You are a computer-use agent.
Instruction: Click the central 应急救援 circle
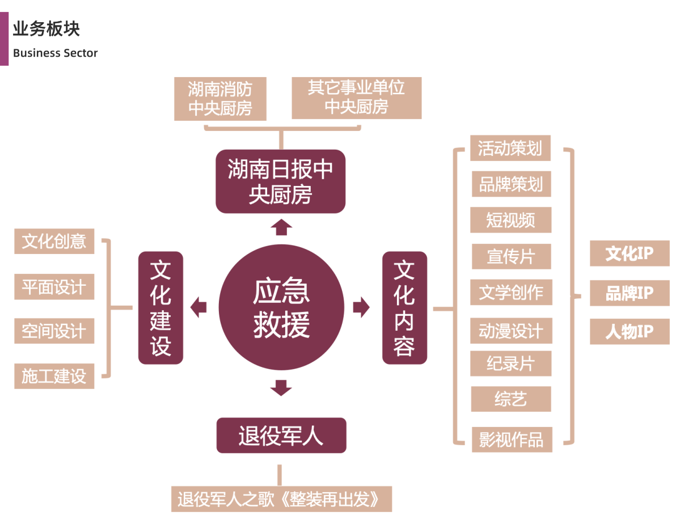tap(281, 308)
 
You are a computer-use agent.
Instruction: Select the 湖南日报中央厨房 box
tap(281, 181)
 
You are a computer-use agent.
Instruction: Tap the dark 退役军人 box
tap(281, 436)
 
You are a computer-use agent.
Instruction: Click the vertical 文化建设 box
tap(161, 308)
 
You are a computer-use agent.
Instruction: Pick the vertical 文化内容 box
tap(404, 308)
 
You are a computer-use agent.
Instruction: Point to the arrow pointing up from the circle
tap(281, 227)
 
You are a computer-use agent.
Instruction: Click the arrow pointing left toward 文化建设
tap(198, 308)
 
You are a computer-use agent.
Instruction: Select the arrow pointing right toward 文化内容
tap(361, 308)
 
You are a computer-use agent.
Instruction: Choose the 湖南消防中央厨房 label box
tap(220, 99)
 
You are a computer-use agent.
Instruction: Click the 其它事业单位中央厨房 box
tap(356, 98)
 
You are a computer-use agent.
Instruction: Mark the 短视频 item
tap(510, 220)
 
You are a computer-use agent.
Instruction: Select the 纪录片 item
tap(510, 363)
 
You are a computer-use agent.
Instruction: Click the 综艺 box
tap(510, 399)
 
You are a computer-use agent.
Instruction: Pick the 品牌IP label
tap(630, 293)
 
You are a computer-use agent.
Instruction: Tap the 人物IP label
tap(630, 332)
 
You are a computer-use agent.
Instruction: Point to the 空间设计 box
tap(54, 331)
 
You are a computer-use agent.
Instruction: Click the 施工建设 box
tap(54, 375)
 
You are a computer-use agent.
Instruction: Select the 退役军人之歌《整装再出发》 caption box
tap(281, 499)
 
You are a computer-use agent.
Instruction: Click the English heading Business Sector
tap(55, 53)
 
